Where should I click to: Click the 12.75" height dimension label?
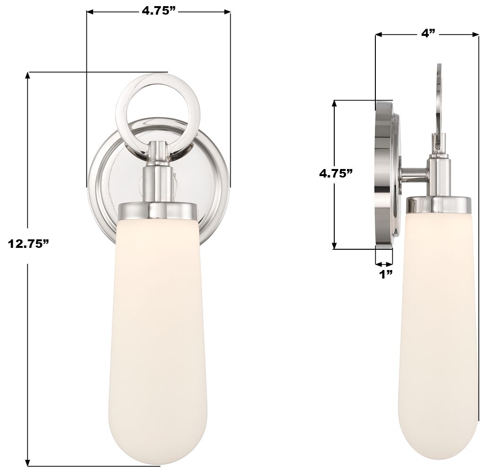click(x=29, y=244)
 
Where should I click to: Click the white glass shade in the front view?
click(x=156, y=330)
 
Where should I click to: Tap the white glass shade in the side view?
click(x=437, y=330)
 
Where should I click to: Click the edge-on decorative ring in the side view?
click(x=438, y=99)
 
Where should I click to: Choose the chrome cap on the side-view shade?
click(x=439, y=204)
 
